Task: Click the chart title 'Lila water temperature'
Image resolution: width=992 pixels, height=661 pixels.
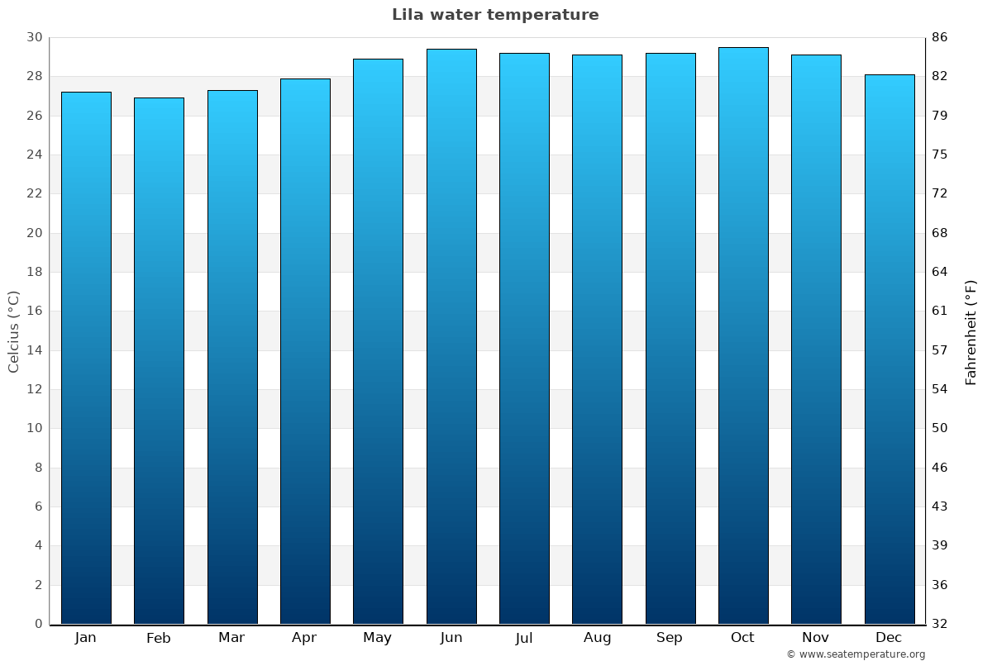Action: click(x=495, y=15)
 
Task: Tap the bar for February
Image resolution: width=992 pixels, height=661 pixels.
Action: click(x=159, y=361)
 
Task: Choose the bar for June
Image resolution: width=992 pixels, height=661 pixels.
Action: click(x=451, y=336)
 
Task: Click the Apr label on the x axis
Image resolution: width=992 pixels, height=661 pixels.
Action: click(x=304, y=638)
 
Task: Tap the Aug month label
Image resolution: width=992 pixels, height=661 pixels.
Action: click(x=597, y=638)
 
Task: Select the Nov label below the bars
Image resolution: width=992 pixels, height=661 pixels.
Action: click(x=816, y=638)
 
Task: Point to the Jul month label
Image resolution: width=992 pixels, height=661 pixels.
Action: click(x=524, y=638)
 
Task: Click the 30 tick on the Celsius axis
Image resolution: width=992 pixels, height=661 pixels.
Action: click(x=34, y=38)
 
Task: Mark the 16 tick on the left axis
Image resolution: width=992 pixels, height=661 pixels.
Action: click(x=34, y=311)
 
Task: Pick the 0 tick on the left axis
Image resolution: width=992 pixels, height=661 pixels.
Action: click(x=38, y=624)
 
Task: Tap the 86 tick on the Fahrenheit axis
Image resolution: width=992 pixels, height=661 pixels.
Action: click(x=940, y=38)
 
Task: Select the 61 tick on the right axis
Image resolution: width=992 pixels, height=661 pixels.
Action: click(x=940, y=311)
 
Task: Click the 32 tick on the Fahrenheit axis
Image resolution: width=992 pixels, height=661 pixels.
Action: click(x=940, y=624)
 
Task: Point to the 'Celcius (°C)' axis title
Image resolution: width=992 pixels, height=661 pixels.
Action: click(x=13, y=331)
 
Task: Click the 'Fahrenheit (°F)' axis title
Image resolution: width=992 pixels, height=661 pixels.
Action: click(x=971, y=331)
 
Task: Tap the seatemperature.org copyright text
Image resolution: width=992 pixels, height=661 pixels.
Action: click(x=856, y=654)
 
